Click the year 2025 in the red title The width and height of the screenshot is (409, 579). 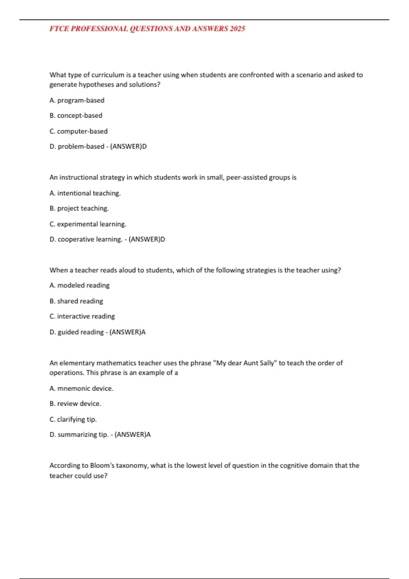pyautogui.click(x=237, y=29)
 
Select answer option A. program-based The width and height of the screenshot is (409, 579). pyautogui.click(x=77, y=100)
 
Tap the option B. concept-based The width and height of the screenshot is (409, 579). pyautogui.click(x=76, y=116)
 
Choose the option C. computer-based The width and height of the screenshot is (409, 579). pyautogui.click(x=78, y=131)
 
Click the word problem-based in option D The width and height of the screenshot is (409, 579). pyautogui.click(x=81, y=146)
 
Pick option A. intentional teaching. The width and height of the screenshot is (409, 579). pyautogui.click(x=85, y=193)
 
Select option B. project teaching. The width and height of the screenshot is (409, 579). pyautogui.click(x=79, y=208)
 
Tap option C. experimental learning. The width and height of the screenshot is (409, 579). pyautogui.click(x=88, y=224)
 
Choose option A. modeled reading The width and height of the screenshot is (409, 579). pyautogui.click(x=79, y=285)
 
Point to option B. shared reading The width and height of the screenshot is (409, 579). pyautogui.click(x=76, y=301)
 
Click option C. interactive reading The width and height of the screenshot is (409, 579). pyautogui.click(x=82, y=316)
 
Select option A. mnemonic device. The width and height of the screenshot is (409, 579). pyautogui.click(x=81, y=389)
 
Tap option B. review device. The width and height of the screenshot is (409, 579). pyautogui.click(x=75, y=404)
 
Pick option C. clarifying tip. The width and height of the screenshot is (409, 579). pyautogui.click(x=73, y=420)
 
